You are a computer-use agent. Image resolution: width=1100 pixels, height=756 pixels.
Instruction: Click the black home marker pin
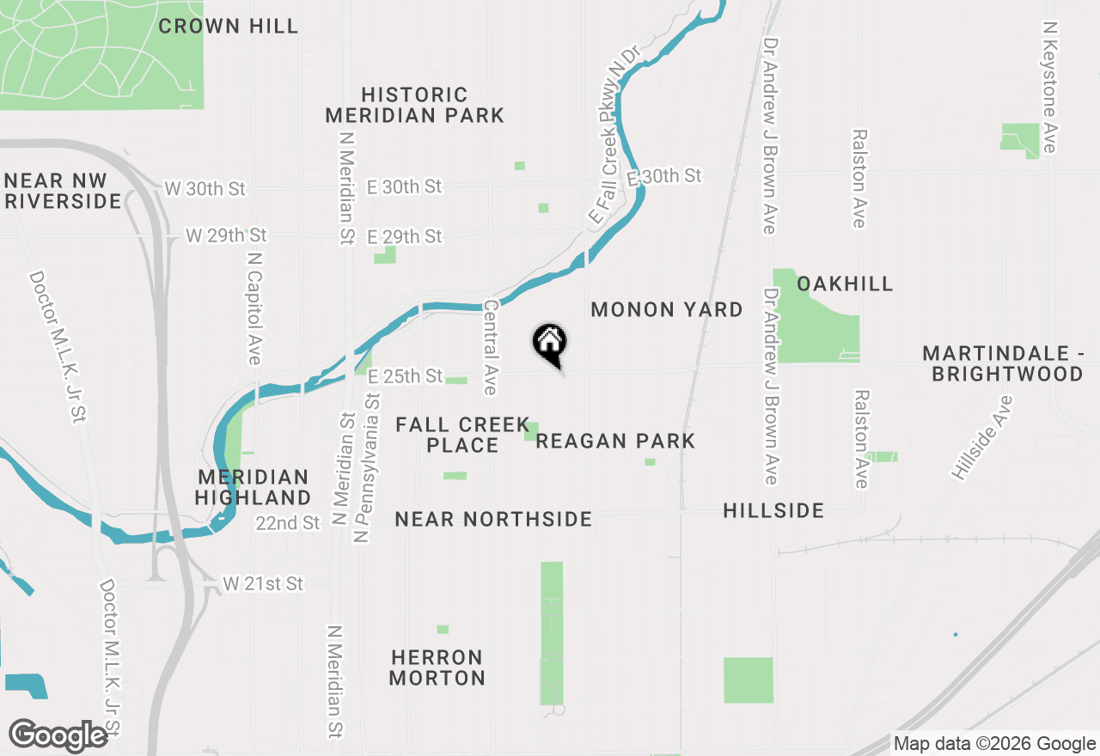pos(550,344)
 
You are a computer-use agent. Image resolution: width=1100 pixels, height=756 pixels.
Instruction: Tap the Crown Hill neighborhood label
pos(229,26)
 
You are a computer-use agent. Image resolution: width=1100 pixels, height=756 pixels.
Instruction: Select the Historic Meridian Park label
pos(414,105)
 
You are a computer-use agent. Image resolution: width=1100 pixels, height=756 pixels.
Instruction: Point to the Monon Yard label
pos(667,309)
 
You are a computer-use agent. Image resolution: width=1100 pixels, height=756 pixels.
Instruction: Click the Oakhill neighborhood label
pos(845,283)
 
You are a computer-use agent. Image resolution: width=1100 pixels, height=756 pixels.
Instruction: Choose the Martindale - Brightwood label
pos(1003,363)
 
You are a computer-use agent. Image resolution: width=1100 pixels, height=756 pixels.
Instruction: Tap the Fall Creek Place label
pos(462,435)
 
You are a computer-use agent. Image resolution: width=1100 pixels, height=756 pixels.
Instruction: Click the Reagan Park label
pos(615,442)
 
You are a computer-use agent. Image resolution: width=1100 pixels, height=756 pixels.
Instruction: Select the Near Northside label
pos(493,519)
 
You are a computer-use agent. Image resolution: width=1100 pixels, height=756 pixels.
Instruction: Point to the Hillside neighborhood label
pos(773,510)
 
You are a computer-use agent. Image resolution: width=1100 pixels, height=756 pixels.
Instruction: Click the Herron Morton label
pos(437,668)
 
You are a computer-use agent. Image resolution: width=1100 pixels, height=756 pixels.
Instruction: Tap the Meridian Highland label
pos(253,487)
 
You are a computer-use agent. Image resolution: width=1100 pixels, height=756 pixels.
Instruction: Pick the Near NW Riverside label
pos(62,191)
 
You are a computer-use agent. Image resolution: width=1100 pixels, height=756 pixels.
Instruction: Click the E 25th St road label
pos(405,376)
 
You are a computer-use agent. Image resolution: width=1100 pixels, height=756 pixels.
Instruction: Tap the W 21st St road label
pos(263,584)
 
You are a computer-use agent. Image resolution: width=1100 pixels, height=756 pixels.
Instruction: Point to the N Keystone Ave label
pos(1049,88)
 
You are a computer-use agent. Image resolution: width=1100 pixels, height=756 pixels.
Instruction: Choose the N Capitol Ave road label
pos(254,308)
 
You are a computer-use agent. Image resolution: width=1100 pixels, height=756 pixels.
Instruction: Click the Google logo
pos(58,735)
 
